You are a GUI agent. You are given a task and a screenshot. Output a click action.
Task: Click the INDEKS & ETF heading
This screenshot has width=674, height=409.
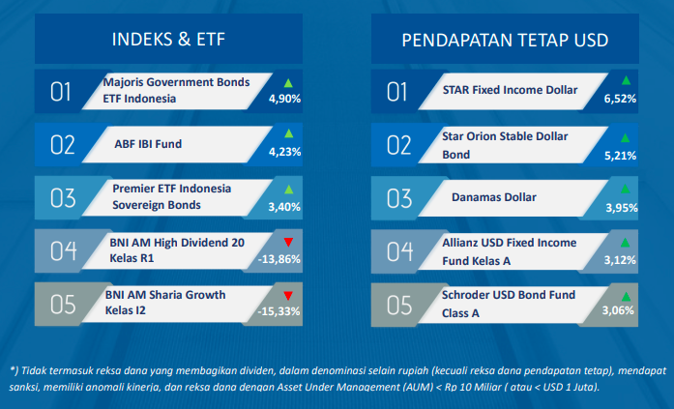pos(168,39)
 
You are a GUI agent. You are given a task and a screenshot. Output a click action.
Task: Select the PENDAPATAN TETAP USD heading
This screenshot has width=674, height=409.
pos(505,40)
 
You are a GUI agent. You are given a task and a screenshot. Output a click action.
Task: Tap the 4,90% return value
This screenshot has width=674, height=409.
pos(284,99)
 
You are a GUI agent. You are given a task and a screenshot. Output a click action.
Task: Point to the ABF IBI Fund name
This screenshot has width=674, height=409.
pos(148,144)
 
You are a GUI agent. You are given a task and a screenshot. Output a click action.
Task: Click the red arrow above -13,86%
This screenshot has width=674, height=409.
pos(288,243)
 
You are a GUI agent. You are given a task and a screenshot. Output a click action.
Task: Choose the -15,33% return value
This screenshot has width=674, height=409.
pos(278,311)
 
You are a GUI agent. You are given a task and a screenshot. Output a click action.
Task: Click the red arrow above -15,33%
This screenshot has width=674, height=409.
pos(288,296)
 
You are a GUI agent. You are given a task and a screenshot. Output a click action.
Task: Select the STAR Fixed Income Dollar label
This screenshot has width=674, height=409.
pos(510,90)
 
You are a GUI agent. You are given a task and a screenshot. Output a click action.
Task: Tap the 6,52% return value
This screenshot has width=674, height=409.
pos(620,99)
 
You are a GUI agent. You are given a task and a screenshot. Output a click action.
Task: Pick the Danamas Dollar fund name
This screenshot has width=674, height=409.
pos(494,197)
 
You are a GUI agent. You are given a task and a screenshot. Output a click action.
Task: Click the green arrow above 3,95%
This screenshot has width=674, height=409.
pos(625,189)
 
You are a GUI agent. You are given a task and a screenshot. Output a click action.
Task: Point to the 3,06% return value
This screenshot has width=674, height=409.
pos(618,310)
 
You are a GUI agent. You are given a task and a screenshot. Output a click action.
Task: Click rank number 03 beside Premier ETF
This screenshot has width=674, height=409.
pos(63,198)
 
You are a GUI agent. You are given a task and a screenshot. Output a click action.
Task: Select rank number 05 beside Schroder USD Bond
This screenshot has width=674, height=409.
pos(399,306)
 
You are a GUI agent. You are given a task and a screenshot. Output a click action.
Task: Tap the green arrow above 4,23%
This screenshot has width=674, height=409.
pos(289,133)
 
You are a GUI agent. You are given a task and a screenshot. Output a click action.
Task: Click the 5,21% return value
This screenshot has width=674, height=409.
pos(620,156)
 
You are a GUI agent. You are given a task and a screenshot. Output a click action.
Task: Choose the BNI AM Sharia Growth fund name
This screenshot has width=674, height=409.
pos(165,303)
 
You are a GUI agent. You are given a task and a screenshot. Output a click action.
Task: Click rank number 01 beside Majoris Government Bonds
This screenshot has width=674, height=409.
pos(60,92)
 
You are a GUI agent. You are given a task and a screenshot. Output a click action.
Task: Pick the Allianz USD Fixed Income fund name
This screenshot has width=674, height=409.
pos(510,251)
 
